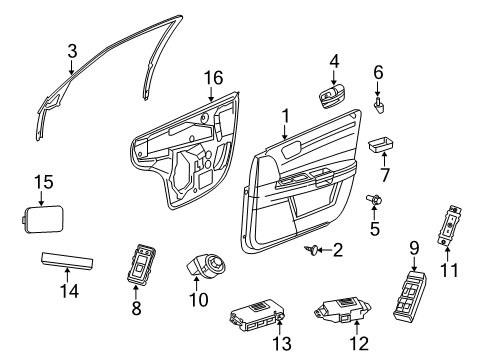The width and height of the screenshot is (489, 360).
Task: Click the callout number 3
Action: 72,50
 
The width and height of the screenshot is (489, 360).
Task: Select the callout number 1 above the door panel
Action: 286,116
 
